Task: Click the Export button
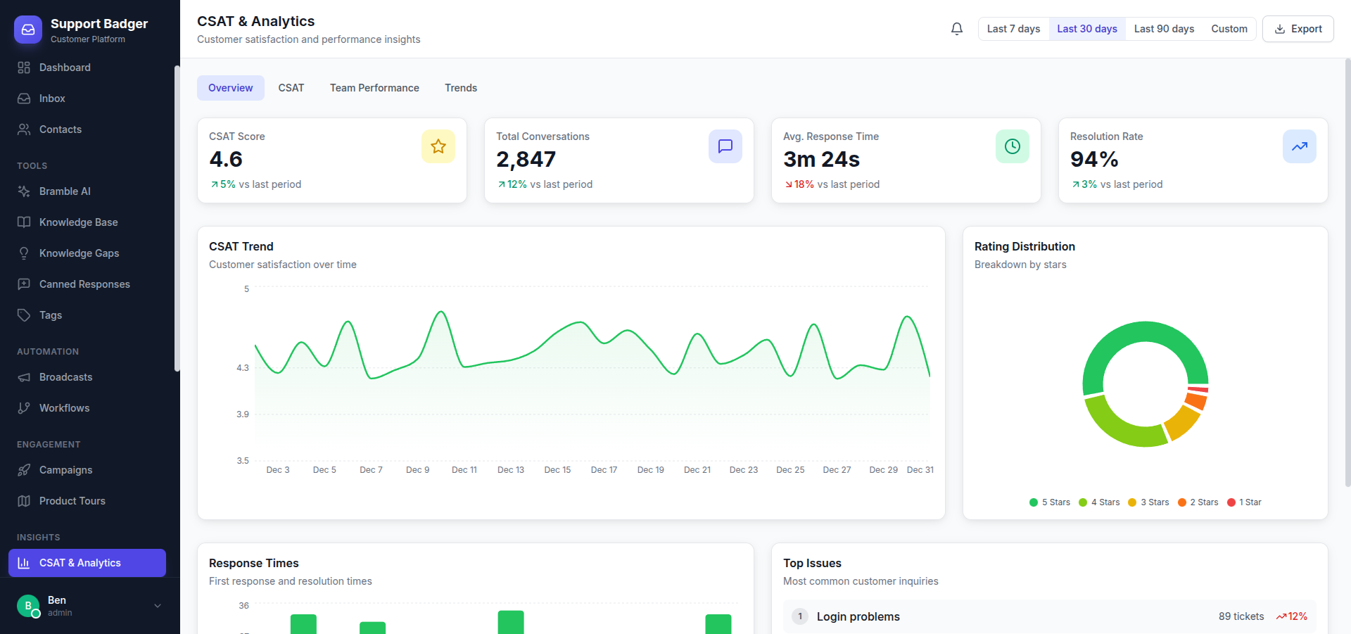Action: pos(1298,29)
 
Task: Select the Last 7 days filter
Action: pos(1013,29)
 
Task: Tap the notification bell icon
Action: pos(957,29)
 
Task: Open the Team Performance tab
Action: pos(374,88)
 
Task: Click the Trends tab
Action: pos(461,88)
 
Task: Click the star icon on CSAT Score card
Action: pos(438,146)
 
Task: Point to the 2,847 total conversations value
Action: pos(526,160)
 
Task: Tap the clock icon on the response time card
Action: pos(1013,146)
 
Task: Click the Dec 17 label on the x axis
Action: pos(604,470)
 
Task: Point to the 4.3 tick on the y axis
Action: pos(243,368)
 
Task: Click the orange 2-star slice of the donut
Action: pos(1195,400)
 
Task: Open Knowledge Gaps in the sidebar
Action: pos(79,253)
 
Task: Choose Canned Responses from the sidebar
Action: pos(84,284)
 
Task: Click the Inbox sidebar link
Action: pos(52,99)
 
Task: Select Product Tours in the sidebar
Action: pos(72,501)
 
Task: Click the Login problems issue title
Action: pos(858,616)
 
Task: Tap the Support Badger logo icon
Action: pos(28,30)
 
